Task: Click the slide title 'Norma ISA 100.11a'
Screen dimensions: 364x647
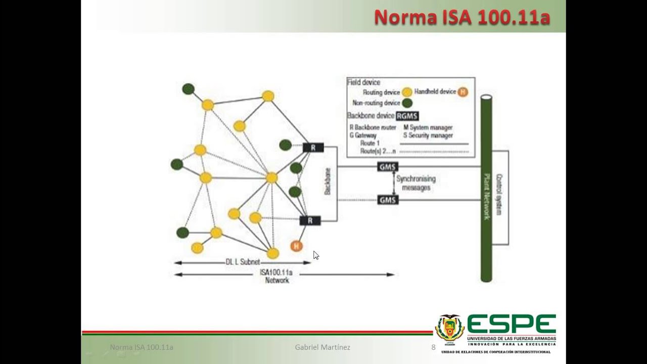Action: click(461, 17)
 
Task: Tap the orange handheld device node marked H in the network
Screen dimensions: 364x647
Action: click(296, 246)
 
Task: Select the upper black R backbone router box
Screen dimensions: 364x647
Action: click(313, 148)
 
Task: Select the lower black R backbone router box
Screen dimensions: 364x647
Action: click(310, 220)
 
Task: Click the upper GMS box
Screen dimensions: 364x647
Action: click(388, 167)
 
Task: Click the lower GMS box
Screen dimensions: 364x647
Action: click(388, 200)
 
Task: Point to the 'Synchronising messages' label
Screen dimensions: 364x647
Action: click(415, 183)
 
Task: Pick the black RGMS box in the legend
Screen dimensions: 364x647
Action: click(407, 116)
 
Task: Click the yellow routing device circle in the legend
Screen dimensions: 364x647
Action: click(407, 93)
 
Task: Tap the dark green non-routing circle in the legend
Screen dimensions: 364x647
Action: click(407, 103)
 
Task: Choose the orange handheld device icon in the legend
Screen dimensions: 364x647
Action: click(463, 92)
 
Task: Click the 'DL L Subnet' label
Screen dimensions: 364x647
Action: click(243, 262)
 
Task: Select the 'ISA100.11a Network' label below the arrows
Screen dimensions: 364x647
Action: click(276, 276)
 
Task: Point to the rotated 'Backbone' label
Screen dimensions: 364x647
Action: click(328, 181)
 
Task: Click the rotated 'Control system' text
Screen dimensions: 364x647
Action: click(499, 195)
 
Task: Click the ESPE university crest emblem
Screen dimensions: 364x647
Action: click(449, 329)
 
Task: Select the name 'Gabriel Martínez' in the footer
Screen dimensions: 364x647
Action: click(322, 347)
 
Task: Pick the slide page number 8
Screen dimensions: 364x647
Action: click(433, 347)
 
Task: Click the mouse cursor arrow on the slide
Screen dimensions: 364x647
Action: click(315, 255)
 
